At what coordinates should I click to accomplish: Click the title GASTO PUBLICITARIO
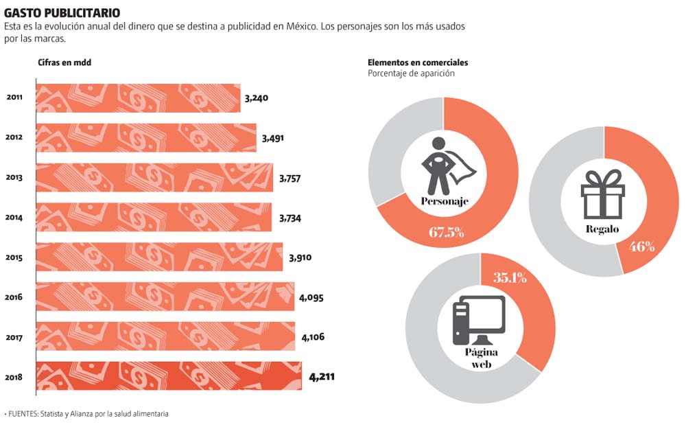point(62,13)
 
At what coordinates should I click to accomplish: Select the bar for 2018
point(168,376)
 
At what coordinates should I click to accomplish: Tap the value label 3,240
point(256,97)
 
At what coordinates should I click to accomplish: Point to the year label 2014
point(14,218)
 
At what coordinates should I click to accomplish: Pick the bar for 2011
point(137,98)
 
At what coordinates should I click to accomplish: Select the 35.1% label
point(510,278)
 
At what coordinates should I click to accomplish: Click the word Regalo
point(602,229)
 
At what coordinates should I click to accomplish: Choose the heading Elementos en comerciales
point(418,63)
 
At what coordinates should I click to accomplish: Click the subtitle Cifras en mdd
point(64,63)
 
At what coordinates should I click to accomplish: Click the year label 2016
point(14,298)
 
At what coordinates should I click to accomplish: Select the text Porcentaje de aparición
point(411,73)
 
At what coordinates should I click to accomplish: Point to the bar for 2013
point(154,178)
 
